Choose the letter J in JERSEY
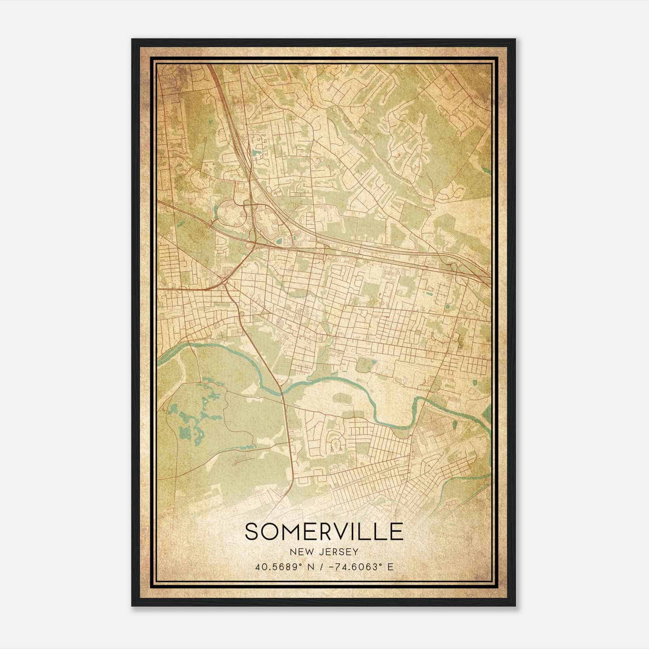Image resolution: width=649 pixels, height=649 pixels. tap(320, 552)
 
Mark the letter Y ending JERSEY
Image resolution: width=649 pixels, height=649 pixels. tap(356, 552)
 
